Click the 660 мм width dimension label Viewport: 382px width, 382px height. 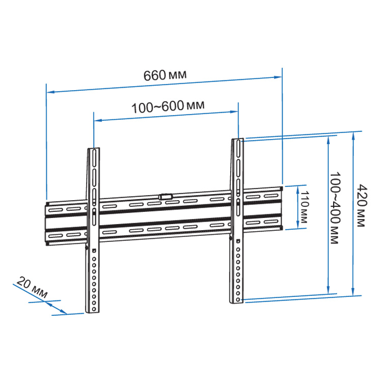coord(165,75)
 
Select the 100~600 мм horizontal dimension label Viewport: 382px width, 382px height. coord(168,106)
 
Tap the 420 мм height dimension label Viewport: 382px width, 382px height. coord(362,206)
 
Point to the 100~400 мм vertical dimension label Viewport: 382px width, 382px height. coord(335,208)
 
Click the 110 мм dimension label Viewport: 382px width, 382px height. coord(304,207)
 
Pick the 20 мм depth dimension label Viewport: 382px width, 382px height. coord(32,287)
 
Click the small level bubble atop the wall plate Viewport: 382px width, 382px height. coord(166,197)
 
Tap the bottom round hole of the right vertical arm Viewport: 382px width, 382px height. coord(238,299)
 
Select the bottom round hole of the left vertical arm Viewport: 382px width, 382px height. coord(94,309)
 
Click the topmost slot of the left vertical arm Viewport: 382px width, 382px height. coord(94,158)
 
